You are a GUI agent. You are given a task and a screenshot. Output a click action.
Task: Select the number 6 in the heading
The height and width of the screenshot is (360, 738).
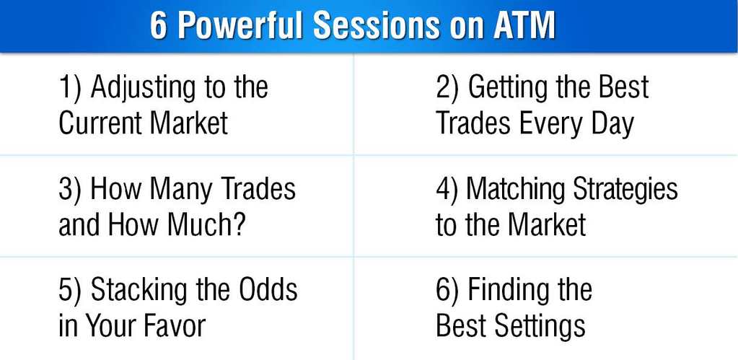pyautogui.click(x=158, y=26)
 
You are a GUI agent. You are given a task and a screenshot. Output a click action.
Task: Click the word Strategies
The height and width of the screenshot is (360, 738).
pyautogui.click(x=625, y=189)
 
